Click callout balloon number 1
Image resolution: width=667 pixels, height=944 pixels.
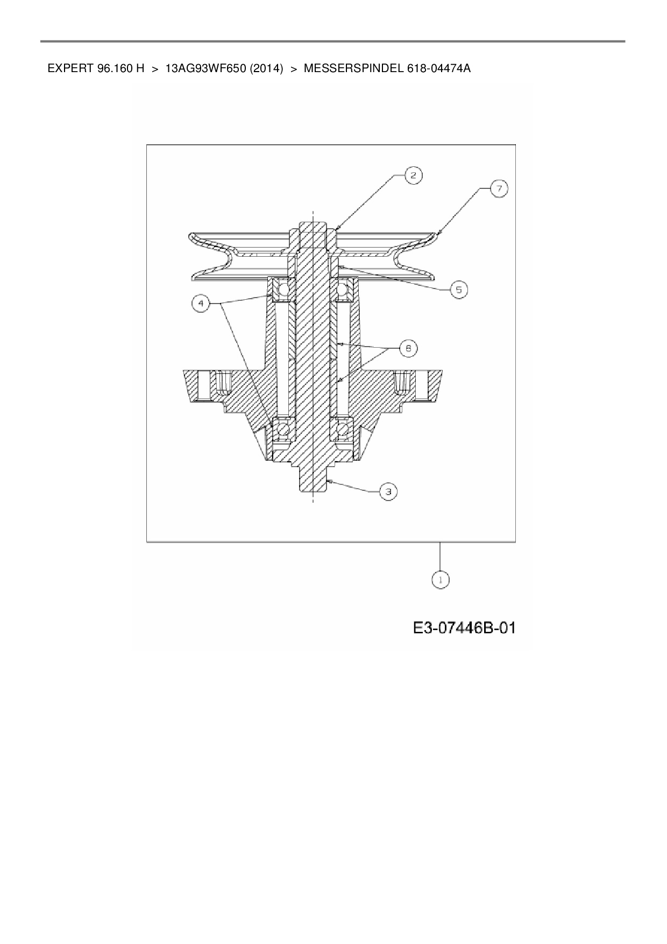coord(441,580)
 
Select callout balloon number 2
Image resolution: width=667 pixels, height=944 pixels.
coord(414,175)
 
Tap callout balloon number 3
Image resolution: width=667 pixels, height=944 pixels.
coord(388,491)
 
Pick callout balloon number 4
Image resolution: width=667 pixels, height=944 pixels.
coord(201,304)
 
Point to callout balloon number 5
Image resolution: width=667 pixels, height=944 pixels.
coord(458,290)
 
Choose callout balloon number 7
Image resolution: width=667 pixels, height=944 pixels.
coord(499,189)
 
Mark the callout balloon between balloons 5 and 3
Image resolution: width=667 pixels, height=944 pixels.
coord(408,349)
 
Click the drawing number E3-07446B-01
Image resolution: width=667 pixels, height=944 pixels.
coord(464,628)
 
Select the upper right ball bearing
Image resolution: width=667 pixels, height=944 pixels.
coord(343,291)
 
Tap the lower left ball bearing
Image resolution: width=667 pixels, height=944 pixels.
coord(282,429)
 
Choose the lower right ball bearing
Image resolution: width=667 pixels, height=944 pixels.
coord(343,429)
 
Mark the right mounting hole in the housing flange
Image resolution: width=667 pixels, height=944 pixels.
coord(420,385)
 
